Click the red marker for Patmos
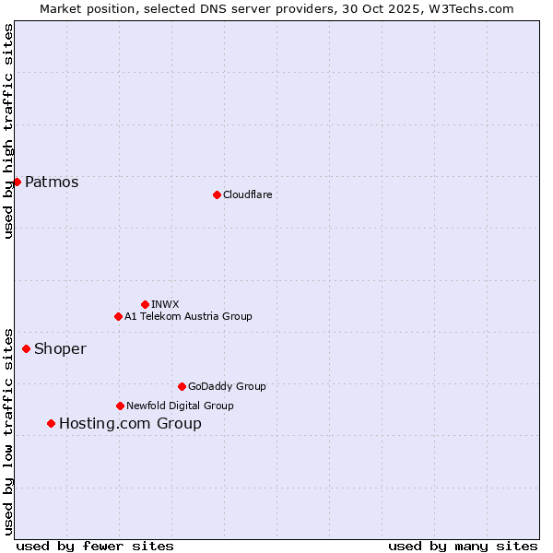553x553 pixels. pyautogui.click(x=17, y=182)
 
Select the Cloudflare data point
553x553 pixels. pyautogui.click(x=217, y=194)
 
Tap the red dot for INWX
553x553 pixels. pyautogui.click(x=145, y=304)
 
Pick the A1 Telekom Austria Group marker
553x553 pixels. pyautogui.click(x=118, y=316)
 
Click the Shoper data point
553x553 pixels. pyautogui.click(x=26, y=348)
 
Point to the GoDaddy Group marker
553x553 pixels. pyautogui.click(x=182, y=386)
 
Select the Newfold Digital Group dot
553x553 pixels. pyautogui.click(x=120, y=406)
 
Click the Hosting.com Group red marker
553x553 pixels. pyautogui.click(x=51, y=423)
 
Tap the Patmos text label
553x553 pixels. pyautogui.click(x=52, y=182)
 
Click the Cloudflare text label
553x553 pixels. pyautogui.click(x=247, y=194)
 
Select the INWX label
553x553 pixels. pyautogui.click(x=165, y=304)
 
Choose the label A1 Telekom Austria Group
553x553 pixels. pyautogui.click(x=188, y=316)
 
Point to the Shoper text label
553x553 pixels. pyautogui.click(x=60, y=348)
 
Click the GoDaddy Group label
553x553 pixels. pyautogui.click(x=227, y=386)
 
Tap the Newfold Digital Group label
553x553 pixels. pyautogui.click(x=180, y=406)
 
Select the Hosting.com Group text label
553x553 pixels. pyautogui.click(x=130, y=424)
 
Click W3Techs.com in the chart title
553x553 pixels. pyautogui.click(x=476, y=8)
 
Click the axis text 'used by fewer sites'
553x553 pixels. pyautogui.click(x=95, y=546)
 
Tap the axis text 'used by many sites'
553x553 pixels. pyautogui.click(x=463, y=546)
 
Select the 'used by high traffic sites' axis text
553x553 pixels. pyautogui.click(x=8, y=131)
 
